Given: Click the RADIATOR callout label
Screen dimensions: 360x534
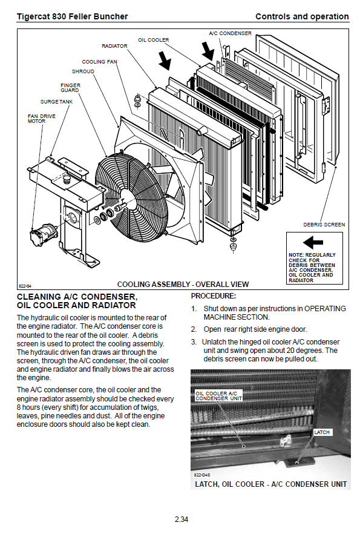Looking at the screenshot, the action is pyautogui.click(x=114, y=46).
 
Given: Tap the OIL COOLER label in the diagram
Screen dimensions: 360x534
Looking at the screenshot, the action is pyautogui.click(x=153, y=40).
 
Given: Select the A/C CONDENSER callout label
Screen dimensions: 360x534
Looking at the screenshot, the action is pyautogui.click(x=230, y=33).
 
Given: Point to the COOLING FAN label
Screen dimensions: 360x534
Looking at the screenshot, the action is pyautogui.click(x=99, y=62).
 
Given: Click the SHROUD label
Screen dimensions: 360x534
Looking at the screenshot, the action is pyautogui.click(x=83, y=71).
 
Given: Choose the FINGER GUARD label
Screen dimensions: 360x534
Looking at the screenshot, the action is pyautogui.click(x=70, y=88).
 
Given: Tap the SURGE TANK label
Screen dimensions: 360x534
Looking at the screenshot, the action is pyautogui.click(x=56, y=102).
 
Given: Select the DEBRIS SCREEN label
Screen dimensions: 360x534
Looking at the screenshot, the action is pyautogui.click(x=324, y=225).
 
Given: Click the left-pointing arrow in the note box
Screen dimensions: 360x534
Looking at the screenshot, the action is pyautogui.click(x=313, y=243).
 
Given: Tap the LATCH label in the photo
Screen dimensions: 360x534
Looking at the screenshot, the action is pyautogui.click(x=321, y=432).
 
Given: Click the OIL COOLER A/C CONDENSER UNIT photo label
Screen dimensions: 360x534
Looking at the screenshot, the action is pyautogui.click(x=218, y=396).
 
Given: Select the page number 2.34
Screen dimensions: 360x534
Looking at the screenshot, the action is pyautogui.click(x=182, y=519).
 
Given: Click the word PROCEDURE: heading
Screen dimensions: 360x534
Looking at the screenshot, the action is pyautogui.click(x=214, y=296).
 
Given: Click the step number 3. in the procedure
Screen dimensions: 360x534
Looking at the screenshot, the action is pyautogui.click(x=194, y=342).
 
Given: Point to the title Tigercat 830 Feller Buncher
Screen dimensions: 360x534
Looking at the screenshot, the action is pyautogui.click(x=72, y=16).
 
